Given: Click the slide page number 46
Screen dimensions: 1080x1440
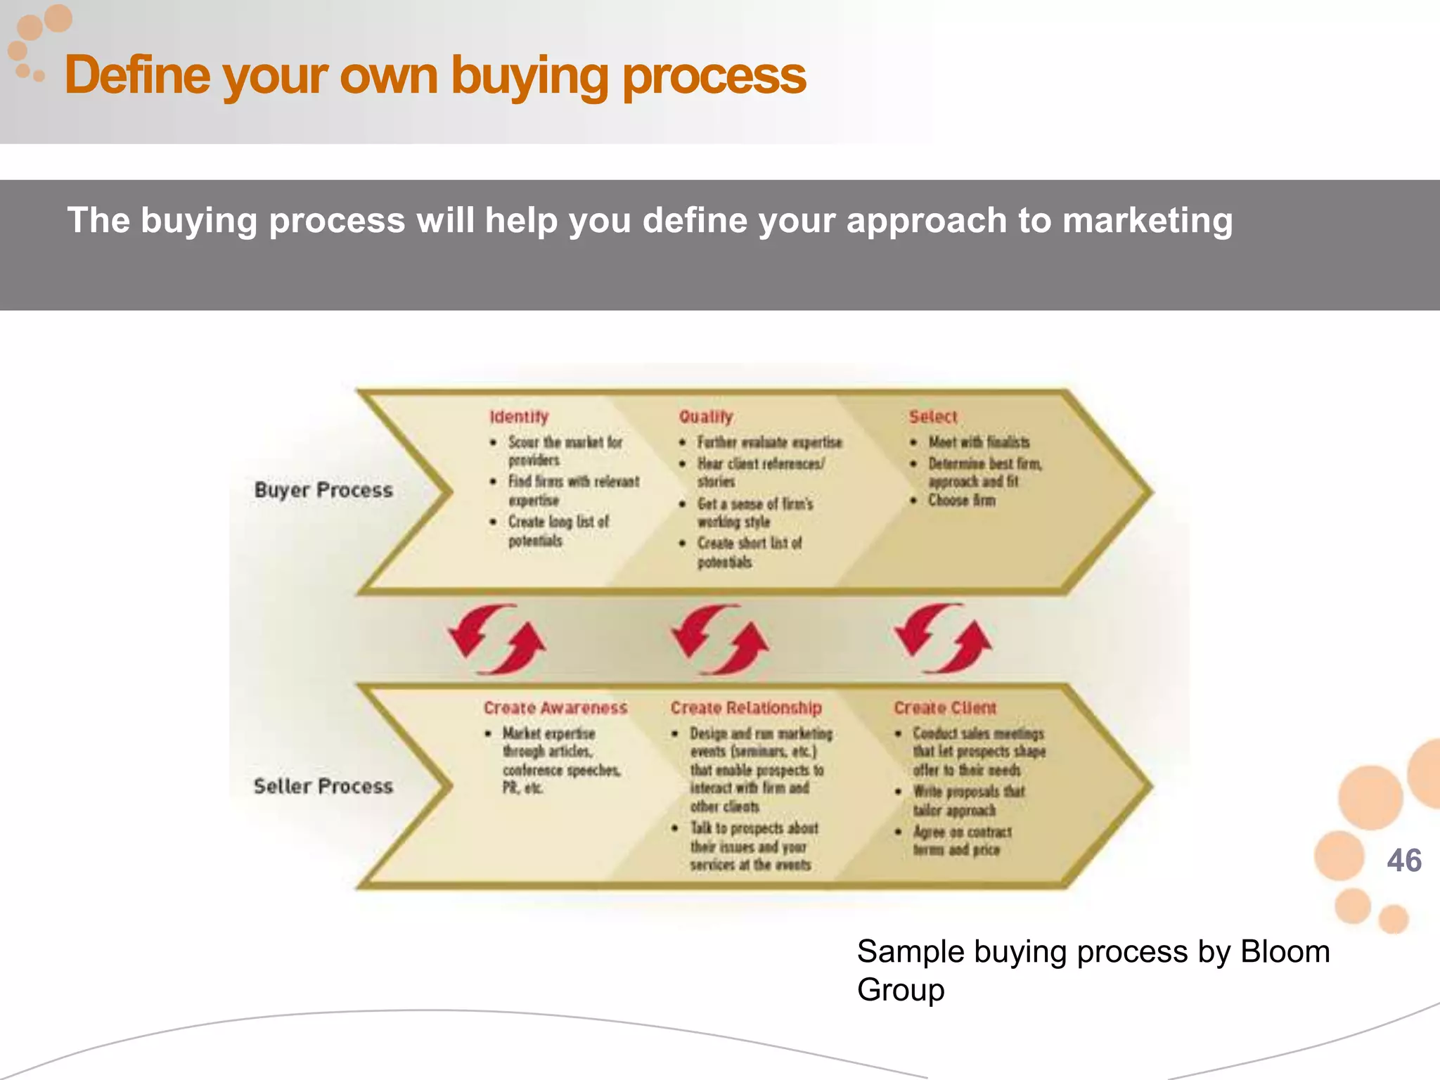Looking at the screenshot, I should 1403,861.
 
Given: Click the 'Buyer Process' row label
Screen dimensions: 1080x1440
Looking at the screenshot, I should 323,490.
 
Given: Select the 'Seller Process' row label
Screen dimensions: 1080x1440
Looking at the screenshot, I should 323,786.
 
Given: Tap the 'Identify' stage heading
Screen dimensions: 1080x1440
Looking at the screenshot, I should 519,417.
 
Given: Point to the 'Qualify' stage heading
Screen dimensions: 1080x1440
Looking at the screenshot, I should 706,417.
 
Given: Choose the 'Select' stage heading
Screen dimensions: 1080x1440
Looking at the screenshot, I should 933,417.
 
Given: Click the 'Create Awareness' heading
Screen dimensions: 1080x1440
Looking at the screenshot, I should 555,708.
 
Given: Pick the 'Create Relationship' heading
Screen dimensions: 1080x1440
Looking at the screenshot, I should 746,708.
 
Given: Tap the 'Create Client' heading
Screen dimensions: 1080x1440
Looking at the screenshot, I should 945,708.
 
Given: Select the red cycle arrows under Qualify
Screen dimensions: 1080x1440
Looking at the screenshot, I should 720,639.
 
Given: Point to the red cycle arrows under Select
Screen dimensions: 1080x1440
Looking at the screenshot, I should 943,638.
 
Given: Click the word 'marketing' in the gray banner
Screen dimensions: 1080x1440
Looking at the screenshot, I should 1147,221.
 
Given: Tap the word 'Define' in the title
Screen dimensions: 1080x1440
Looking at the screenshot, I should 137,75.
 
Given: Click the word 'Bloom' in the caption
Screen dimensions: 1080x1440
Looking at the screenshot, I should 1285,952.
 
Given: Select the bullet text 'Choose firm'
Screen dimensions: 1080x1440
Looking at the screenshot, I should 961,501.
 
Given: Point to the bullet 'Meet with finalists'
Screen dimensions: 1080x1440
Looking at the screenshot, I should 979,442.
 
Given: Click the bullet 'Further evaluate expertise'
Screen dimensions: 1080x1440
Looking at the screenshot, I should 769,442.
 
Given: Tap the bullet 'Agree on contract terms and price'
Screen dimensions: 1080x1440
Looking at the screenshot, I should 962,841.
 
